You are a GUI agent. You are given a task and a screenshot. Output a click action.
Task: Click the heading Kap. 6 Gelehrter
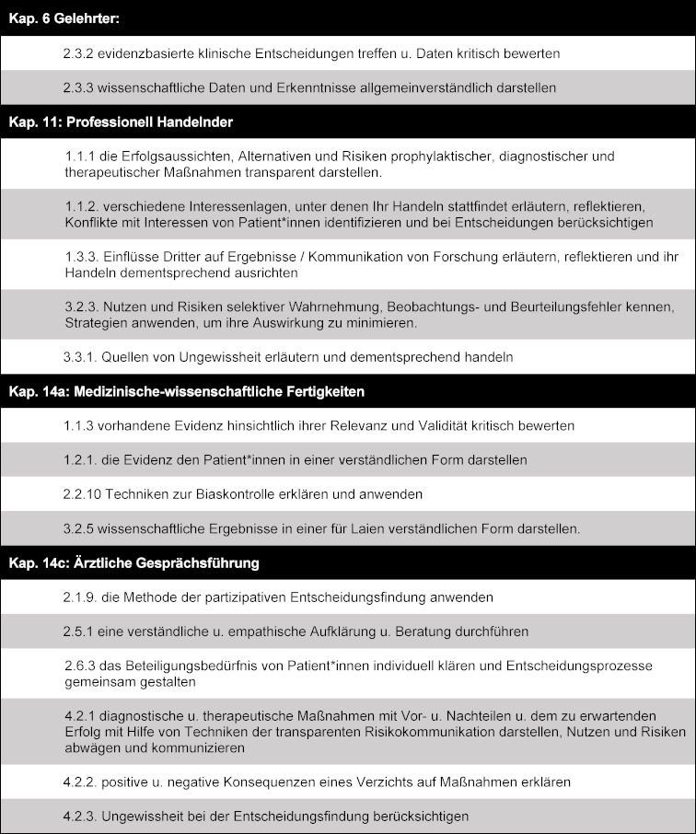click(x=64, y=18)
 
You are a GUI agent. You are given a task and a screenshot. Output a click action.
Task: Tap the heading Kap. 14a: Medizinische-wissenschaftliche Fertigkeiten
click(x=186, y=391)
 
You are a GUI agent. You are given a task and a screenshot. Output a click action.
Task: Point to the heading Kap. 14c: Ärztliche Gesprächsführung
click(x=133, y=562)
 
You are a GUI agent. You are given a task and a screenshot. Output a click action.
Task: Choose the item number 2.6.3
click(x=79, y=666)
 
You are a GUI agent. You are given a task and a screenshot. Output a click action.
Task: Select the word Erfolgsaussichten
click(x=187, y=156)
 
